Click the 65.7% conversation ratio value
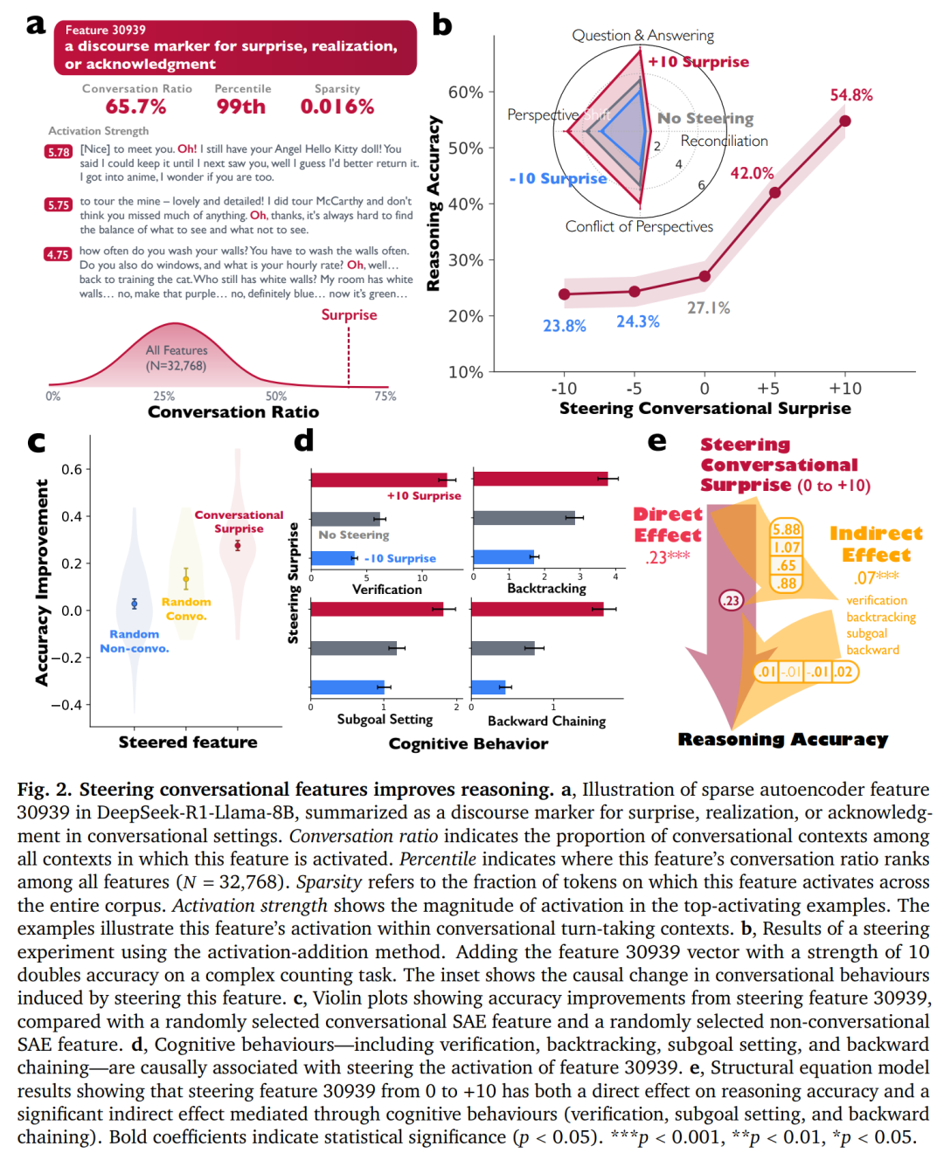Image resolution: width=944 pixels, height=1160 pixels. click(x=135, y=107)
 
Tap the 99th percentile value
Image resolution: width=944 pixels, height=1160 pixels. click(x=241, y=107)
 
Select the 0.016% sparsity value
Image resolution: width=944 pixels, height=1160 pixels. click(x=337, y=107)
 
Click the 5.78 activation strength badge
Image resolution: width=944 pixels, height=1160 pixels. click(x=59, y=152)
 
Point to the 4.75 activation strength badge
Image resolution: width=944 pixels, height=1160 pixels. click(x=58, y=254)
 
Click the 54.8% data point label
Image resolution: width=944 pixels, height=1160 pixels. click(x=850, y=95)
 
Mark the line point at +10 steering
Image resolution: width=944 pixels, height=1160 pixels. click(x=845, y=121)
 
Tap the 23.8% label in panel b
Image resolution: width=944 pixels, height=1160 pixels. click(x=565, y=326)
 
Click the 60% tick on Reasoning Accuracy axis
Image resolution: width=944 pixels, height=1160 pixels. click(x=466, y=93)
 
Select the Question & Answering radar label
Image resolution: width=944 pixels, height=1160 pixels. click(x=642, y=36)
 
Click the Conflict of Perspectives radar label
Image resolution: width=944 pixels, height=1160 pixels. click(x=639, y=227)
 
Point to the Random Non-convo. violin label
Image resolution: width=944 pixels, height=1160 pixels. click(x=135, y=641)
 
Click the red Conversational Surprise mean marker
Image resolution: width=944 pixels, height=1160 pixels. click(x=238, y=545)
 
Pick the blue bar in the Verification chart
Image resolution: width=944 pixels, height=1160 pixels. click(x=334, y=558)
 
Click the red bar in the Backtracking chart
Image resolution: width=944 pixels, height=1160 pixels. click(x=540, y=479)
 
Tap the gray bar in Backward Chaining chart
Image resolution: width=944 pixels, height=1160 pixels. click(x=503, y=648)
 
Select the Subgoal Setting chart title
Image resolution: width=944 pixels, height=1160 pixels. click(x=385, y=720)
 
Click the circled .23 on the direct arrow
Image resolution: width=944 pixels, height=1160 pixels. click(x=731, y=600)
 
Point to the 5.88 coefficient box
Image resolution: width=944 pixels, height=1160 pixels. click(x=786, y=529)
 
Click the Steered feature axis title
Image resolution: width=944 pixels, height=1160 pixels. click(x=188, y=742)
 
